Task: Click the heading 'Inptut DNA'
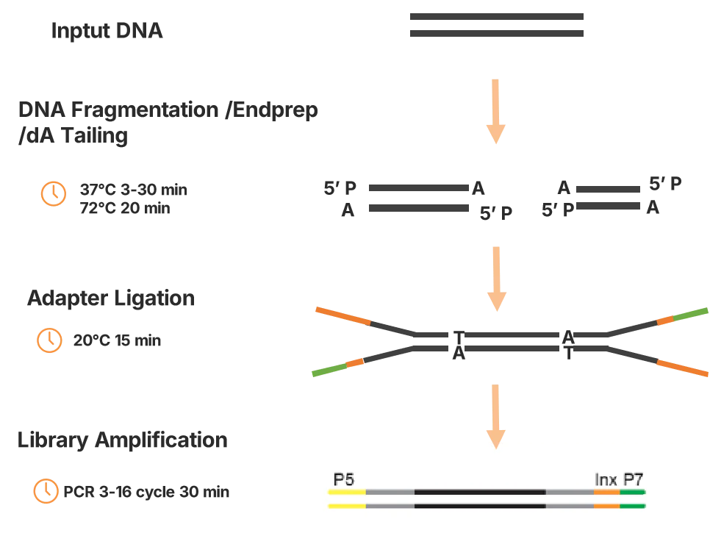(x=107, y=32)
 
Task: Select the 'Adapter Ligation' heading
(x=110, y=298)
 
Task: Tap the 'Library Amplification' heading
(x=122, y=440)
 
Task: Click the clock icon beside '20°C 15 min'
(x=50, y=340)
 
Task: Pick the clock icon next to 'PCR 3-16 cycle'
(x=46, y=491)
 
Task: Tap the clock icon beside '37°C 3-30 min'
(x=53, y=193)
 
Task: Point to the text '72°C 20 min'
(x=124, y=209)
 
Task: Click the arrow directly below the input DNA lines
(x=496, y=110)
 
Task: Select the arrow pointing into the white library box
(x=496, y=415)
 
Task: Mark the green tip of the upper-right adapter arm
(x=690, y=315)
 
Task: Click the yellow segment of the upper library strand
(x=346, y=492)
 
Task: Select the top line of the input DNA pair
(x=496, y=16)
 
